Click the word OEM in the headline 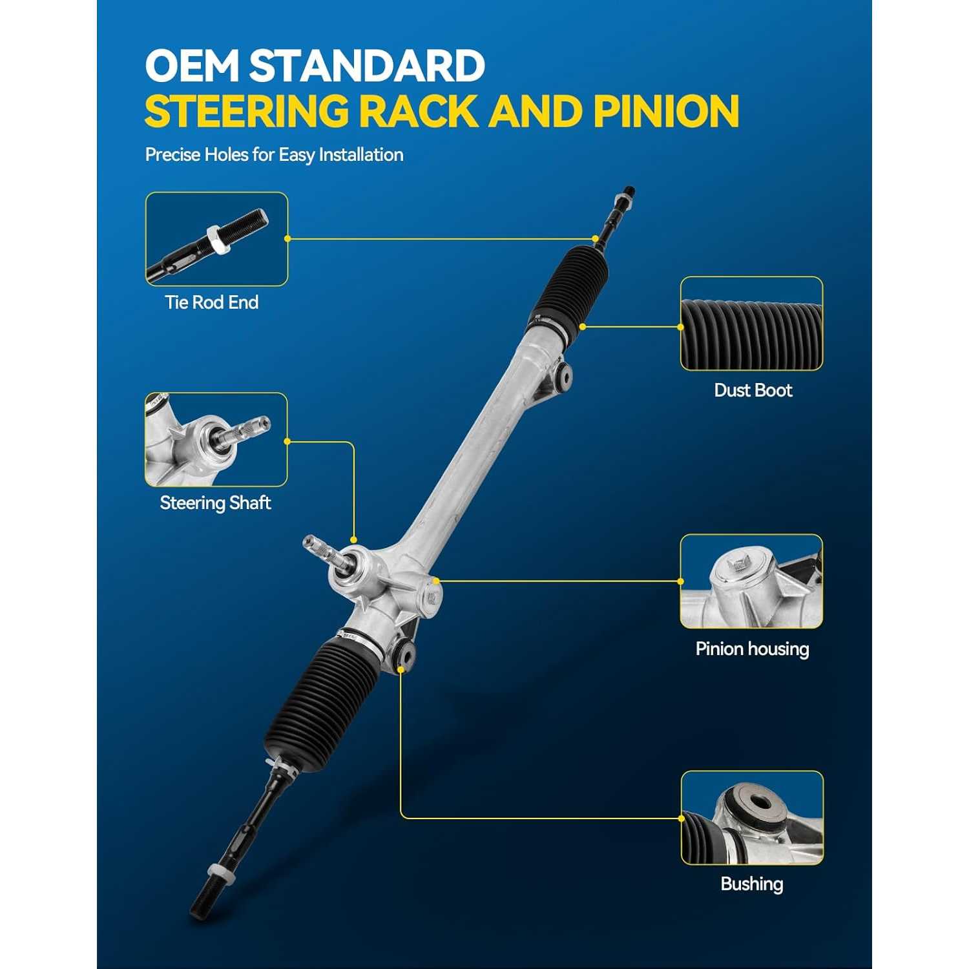193,65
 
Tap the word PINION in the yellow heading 666,111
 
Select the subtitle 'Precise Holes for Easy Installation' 274,155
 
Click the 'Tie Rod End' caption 212,302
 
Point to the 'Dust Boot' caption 753,390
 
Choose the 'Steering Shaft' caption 215,503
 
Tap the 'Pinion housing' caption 752,649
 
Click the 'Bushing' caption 752,884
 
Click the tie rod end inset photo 216,239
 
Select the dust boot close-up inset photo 751,324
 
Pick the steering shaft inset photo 216,439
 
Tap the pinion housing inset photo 751,581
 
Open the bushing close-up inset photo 752,818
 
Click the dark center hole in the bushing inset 759,803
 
